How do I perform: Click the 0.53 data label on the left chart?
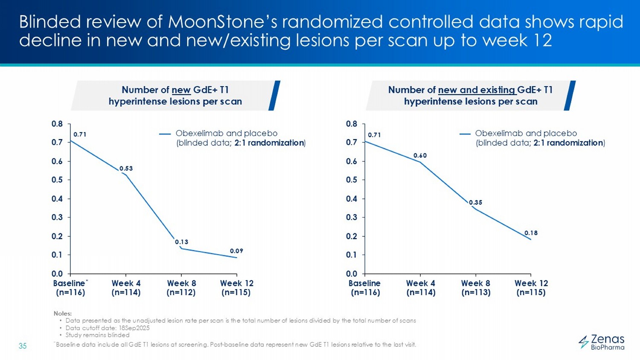[x=126, y=168]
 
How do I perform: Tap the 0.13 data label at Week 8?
[x=181, y=242]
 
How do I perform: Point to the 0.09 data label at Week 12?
[x=236, y=251]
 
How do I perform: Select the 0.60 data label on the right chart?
[x=420, y=156]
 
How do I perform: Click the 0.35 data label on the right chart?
[x=475, y=203]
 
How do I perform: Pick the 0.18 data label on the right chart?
[x=531, y=233]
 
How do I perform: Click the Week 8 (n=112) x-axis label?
[x=181, y=288]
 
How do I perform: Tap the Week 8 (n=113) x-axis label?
[x=476, y=288]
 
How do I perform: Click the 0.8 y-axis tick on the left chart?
[x=57, y=124]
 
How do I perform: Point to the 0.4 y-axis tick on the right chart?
[x=352, y=199]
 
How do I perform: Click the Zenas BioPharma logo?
[x=602, y=342]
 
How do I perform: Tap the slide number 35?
[x=23, y=346]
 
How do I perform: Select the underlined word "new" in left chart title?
[x=181, y=90]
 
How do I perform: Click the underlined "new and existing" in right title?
[x=477, y=90]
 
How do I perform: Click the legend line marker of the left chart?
[x=165, y=134]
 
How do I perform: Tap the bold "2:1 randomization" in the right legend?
[x=568, y=143]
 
